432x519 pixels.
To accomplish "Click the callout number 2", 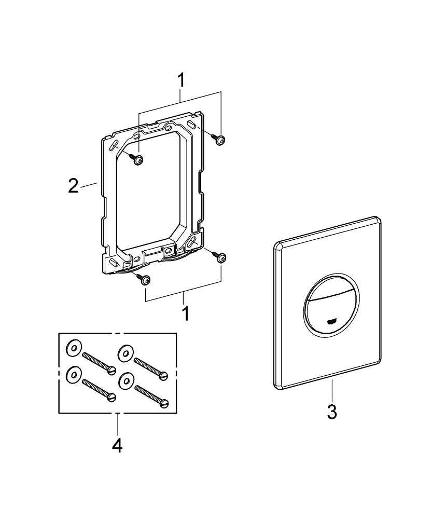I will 74,185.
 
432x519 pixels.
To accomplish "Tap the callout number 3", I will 332,412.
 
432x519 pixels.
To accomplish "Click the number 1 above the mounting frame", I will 180,81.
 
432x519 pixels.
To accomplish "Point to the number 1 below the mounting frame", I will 185,313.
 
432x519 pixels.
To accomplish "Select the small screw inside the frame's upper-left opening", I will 138,160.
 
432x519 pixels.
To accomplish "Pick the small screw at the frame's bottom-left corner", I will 145,280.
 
